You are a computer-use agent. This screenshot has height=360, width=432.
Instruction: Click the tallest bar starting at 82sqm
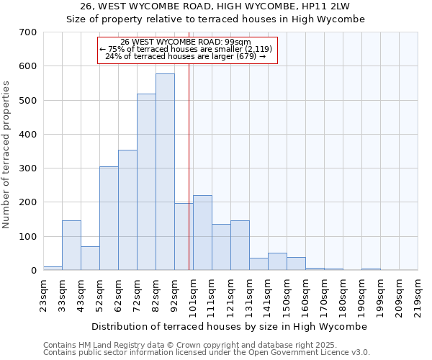click(x=165, y=172)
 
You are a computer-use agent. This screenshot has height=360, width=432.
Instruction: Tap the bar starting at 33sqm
click(x=71, y=246)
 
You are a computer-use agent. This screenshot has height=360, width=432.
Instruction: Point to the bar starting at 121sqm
click(x=240, y=246)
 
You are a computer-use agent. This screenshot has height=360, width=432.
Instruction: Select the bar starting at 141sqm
click(x=277, y=261)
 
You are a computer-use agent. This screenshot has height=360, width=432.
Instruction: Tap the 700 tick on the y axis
click(x=28, y=32)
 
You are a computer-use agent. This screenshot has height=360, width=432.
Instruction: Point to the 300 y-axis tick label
click(x=28, y=168)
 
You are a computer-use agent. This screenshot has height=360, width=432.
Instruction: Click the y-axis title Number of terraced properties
click(x=6, y=154)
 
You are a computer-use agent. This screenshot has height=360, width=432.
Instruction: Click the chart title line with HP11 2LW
click(x=216, y=6)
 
